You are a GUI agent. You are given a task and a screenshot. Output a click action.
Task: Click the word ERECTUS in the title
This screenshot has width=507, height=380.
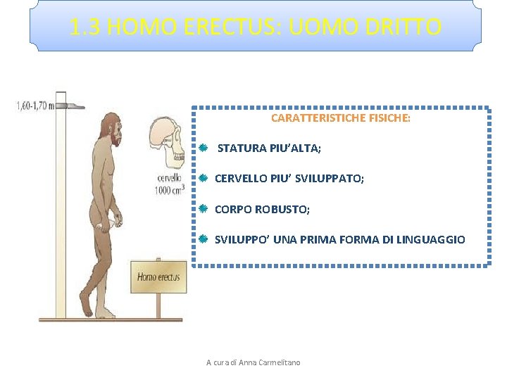[214, 27]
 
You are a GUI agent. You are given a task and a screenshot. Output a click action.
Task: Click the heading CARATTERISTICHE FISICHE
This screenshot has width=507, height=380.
[340, 118]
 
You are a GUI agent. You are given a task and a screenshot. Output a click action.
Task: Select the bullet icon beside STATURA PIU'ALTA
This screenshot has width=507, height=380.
[202, 148]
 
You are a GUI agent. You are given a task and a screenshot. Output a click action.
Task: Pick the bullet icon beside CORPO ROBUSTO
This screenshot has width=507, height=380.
[202, 209]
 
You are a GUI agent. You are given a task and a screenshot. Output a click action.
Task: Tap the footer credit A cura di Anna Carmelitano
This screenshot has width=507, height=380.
[253, 362]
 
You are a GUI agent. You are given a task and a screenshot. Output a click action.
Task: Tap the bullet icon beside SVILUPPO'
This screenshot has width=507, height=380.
[202, 239]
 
